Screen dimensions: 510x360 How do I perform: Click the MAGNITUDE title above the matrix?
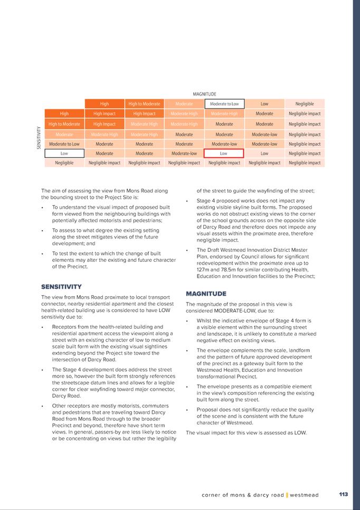click(204, 95)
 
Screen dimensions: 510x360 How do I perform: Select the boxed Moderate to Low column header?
click(224, 104)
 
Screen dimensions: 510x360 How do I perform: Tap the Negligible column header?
click(305, 104)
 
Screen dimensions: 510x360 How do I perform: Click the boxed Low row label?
click(64, 154)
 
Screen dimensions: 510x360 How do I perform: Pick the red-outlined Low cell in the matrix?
click(224, 154)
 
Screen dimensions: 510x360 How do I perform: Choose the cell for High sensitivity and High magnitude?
click(105, 114)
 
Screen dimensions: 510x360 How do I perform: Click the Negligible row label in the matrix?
click(64, 163)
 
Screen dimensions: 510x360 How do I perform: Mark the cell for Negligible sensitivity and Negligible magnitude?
click(305, 163)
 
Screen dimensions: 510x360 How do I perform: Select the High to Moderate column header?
click(144, 104)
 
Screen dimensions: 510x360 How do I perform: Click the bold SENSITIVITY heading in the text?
click(61, 287)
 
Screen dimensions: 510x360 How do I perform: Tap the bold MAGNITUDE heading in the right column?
click(206, 294)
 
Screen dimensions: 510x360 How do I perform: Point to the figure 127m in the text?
click(204, 269)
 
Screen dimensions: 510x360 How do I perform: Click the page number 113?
click(343, 495)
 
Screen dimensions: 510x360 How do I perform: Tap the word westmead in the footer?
click(304, 495)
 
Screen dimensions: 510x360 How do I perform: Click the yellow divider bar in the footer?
click(287, 495)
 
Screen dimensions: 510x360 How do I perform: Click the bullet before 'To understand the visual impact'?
click(42, 208)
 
